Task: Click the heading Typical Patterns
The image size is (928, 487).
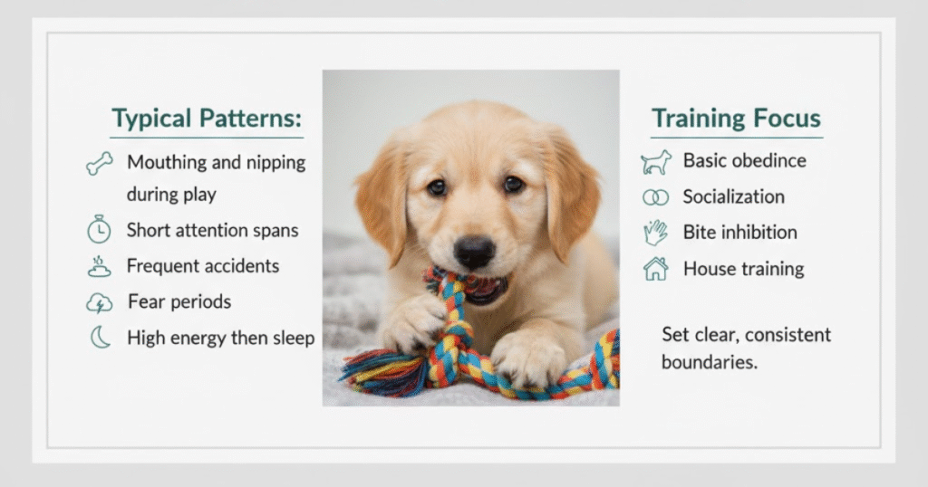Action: click(x=207, y=119)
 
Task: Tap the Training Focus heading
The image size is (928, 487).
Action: click(x=736, y=119)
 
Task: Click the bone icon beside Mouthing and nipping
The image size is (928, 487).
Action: click(x=100, y=163)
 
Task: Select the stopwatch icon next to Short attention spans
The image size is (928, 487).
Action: click(x=99, y=229)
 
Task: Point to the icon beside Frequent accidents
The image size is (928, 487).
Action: click(x=99, y=266)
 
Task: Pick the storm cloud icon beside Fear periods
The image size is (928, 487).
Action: click(x=99, y=302)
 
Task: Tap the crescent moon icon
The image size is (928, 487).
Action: click(x=100, y=338)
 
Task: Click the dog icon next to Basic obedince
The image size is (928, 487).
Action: click(x=656, y=162)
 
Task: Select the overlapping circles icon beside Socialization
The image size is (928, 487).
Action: click(x=656, y=197)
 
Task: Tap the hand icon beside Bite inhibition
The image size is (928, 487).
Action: click(x=656, y=233)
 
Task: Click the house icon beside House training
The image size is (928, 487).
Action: click(x=656, y=269)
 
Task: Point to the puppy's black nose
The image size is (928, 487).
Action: click(x=474, y=251)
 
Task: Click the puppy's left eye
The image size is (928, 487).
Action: click(x=437, y=187)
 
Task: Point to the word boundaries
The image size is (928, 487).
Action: click(x=709, y=362)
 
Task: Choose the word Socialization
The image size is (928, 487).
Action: click(x=734, y=196)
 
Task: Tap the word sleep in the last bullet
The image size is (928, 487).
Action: click(x=289, y=339)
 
